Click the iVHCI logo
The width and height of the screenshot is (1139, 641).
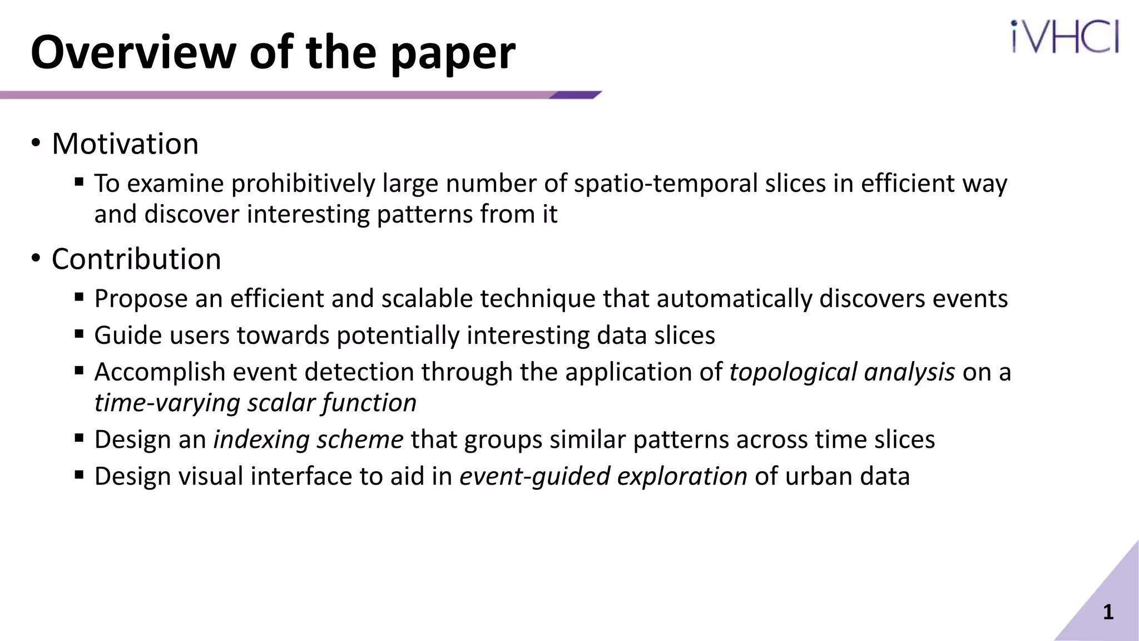pyautogui.click(x=1064, y=37)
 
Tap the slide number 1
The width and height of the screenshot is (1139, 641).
pyautogui.click(x=1108, y=612)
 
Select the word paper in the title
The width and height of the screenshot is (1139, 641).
pyautogui.click(x=453, y=53)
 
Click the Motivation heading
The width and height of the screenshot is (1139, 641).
pyautogui.click(x=125, y=144)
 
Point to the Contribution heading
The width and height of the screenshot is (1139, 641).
pyautogui.click(x=136, y=259)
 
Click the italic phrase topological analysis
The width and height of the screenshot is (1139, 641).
pyautogui.click(x=842, y=372)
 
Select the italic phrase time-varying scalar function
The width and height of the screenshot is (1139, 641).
pyautogui.click(x=255, y=403)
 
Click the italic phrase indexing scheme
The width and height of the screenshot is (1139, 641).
pyautogui.click(x=308, y=440)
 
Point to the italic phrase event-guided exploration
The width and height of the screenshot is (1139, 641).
pyautogui.click(x=603, y=476)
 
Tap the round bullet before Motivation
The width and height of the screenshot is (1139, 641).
pyautogui.click(x=36, y=144)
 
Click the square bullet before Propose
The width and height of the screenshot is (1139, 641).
pyautogui.click(x=79, y=297)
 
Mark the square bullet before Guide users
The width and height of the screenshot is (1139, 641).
pyautogui.click(x=79, y=334)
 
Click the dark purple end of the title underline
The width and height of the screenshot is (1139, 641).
pyautogui.click(x=576, y=95)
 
